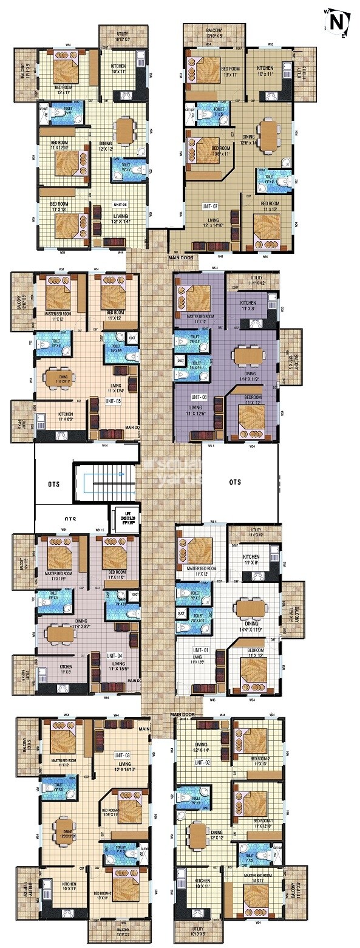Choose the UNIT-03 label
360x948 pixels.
point(122,755)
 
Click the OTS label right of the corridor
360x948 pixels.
point(235,482)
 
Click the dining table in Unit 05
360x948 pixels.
point(58,377)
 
